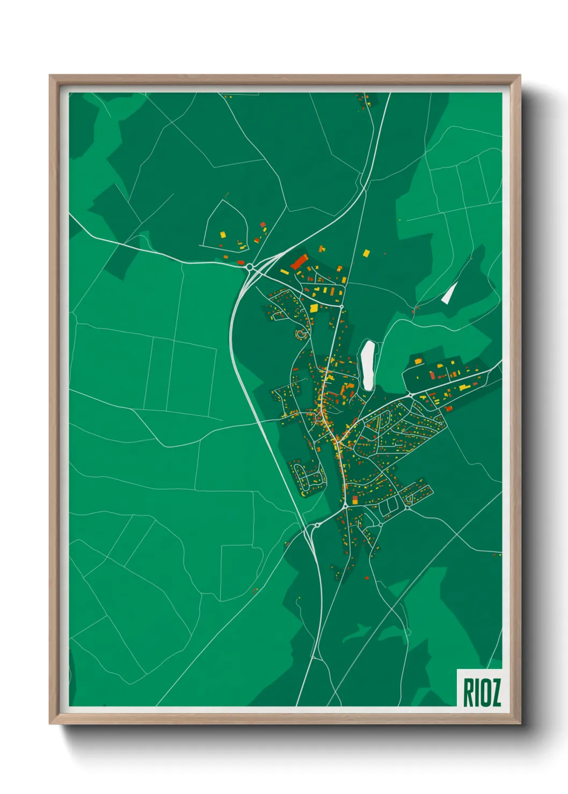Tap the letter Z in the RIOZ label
(496, 693)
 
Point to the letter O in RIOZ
(485, 693)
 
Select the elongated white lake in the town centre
(368, 364)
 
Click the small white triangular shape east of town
(449, 293)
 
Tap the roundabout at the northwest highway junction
(250, 266)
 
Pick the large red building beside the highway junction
(298, 262)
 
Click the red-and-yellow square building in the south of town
(354, 500)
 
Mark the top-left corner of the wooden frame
(50, 76)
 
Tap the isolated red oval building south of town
(367, 578)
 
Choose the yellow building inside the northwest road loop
(223, 234)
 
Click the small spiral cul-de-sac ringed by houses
(301, 334)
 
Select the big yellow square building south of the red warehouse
(314, 308)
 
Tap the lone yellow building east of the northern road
(367, 252)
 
